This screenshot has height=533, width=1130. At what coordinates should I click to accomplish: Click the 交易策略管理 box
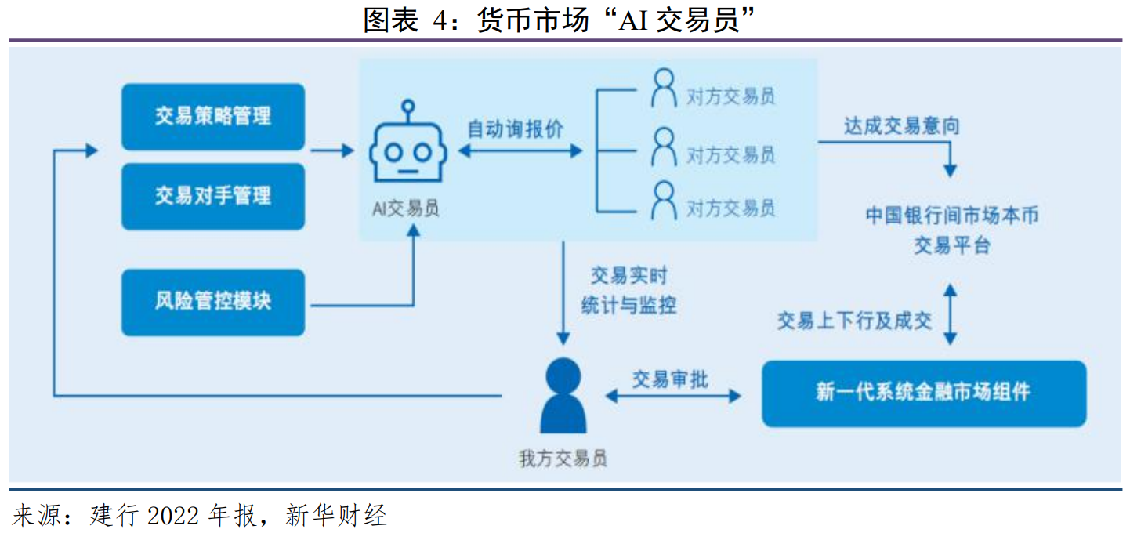[212, 117]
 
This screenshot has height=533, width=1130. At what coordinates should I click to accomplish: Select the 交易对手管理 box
[212, 196]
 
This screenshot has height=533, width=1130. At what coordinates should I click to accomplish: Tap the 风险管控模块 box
[212, 302]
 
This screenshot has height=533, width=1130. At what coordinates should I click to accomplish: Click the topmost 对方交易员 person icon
[663, 89]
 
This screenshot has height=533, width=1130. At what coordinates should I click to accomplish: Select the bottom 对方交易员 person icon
[663, 201]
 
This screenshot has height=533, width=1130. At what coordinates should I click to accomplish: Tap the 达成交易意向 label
[901, 126]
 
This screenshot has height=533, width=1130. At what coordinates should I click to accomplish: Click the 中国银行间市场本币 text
[952, 216]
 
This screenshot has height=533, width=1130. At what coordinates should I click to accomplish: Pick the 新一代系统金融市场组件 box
[923, 393]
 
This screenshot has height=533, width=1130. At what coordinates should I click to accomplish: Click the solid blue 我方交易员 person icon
[563, 396]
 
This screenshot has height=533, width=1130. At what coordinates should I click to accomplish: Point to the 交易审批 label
[670, 379]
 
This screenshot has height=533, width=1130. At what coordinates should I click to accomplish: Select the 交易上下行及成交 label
[854, 320]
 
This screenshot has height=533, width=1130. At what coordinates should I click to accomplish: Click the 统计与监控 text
[628, 306]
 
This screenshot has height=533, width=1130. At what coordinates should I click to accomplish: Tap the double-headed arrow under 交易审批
[673, 397]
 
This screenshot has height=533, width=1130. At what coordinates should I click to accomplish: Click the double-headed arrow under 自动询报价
[520, 150]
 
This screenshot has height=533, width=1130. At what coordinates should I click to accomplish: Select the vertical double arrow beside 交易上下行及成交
[951, 315]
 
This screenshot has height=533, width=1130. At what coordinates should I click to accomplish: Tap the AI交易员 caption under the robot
[405, 208]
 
